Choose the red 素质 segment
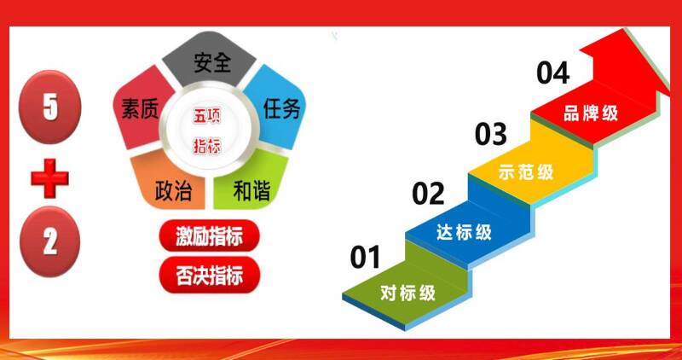coord(138,107)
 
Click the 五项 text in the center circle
coord(207,116)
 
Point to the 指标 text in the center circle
coord(207,146)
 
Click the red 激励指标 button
coord(210,235)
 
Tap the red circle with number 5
coord(49,107)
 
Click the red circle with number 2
coord(49,241)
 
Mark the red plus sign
coord(49,178)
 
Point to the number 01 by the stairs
coord(366,257)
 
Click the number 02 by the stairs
coord(429,194)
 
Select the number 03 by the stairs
coord(491,134)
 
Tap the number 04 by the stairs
coord(552,73)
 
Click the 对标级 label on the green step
coord(408,293)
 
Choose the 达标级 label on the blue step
coord(464,232)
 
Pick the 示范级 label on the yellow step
coord(526,172)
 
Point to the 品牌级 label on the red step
coord(591,113)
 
